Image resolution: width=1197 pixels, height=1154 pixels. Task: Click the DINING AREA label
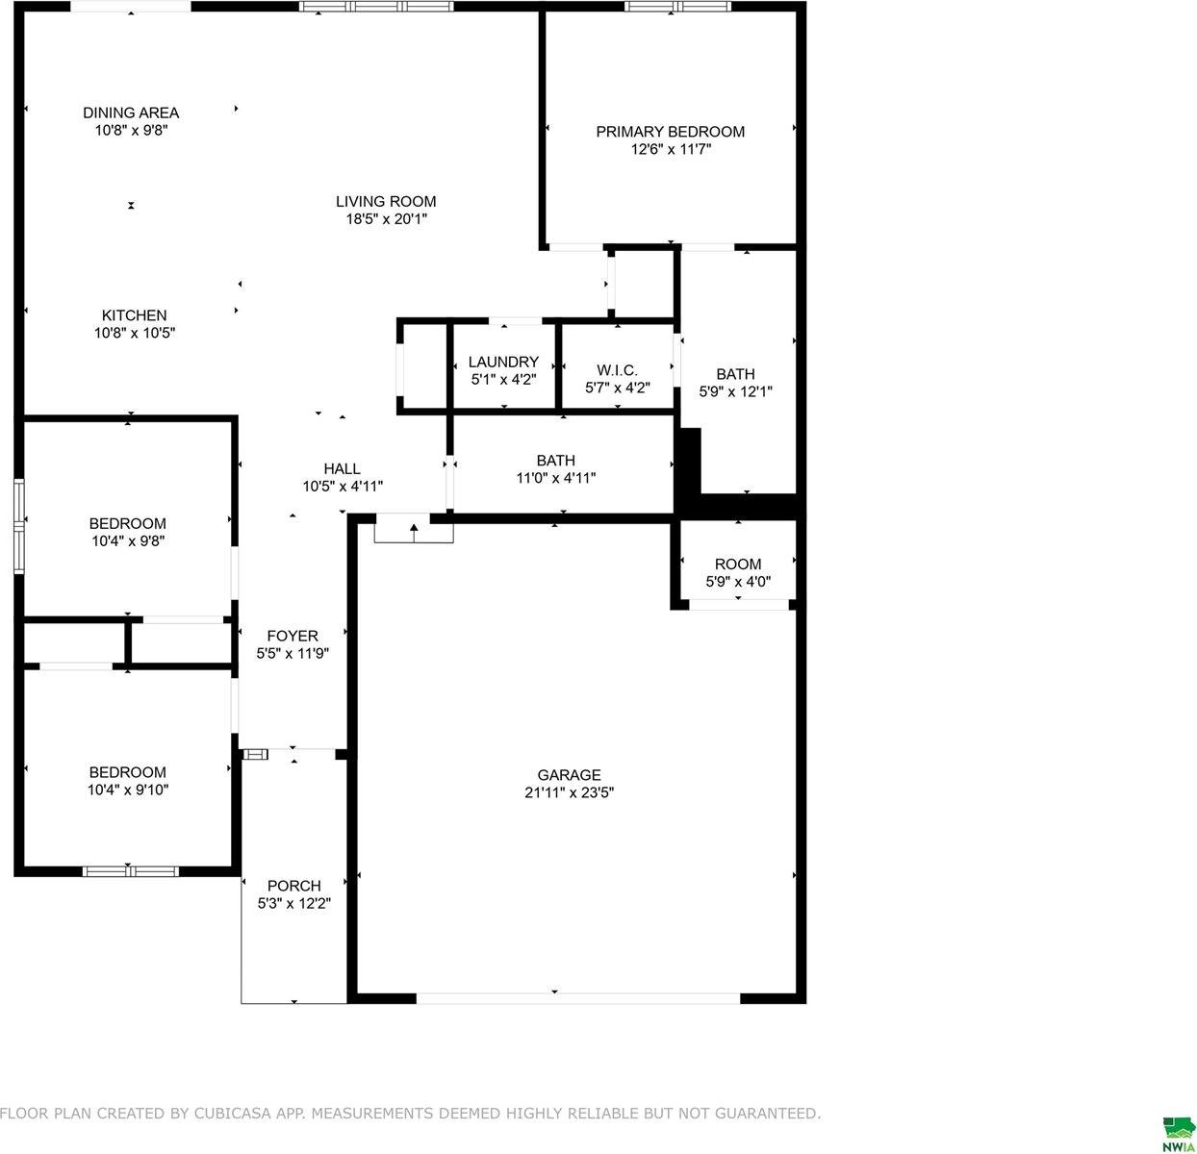coord(131,113)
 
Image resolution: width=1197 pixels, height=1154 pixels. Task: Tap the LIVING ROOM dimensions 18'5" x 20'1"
coord(386,219)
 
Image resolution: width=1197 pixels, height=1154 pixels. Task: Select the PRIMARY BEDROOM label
coord(671,132)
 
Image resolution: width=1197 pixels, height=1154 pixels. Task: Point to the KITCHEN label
coord(134,315)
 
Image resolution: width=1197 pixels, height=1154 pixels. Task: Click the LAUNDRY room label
coord(504,363)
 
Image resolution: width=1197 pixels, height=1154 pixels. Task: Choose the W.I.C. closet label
coord(617,370)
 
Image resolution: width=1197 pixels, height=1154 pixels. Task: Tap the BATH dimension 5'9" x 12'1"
coord(736,391)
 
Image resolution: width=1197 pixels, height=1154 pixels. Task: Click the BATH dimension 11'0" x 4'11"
coord(556,478)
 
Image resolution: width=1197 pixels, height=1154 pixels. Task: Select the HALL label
coord(342,469)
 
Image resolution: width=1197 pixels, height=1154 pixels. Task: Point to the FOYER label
coord(293,637)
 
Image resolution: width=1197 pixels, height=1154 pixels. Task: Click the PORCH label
coord(294,886)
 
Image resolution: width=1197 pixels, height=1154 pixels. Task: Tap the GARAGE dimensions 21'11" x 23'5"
coord(569,792)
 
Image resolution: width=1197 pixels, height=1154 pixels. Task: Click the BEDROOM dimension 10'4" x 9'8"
coord(128,541)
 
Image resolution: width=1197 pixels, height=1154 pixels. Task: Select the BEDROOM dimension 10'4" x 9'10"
coord(128,790)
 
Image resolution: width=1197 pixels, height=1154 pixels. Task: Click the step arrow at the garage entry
coord(414,533)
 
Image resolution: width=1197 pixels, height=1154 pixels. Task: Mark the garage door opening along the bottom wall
coord(578,998)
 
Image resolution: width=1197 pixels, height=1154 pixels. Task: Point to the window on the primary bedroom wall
coord(677,7)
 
